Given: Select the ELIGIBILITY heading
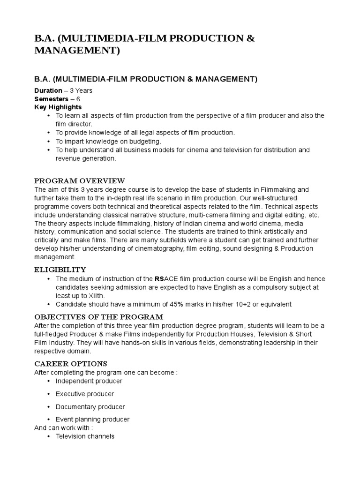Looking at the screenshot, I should point(60,270).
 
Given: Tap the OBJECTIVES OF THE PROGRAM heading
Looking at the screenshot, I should point(98,316).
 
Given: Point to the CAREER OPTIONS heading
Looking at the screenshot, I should point(71,363).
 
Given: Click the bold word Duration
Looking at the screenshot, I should point(48,90).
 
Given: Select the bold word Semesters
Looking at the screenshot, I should point(51,99).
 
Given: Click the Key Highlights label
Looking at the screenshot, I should point(58,107).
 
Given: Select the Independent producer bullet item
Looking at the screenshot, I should point(90,381).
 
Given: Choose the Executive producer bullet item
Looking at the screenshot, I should point(84,394).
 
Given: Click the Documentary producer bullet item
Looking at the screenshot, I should point(90,407).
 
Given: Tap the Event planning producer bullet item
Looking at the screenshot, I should point(92,420).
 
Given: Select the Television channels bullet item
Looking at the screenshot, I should point(85,436).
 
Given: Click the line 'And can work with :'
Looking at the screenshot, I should point(64,427).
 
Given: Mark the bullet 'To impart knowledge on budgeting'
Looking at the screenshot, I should point(108,141).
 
